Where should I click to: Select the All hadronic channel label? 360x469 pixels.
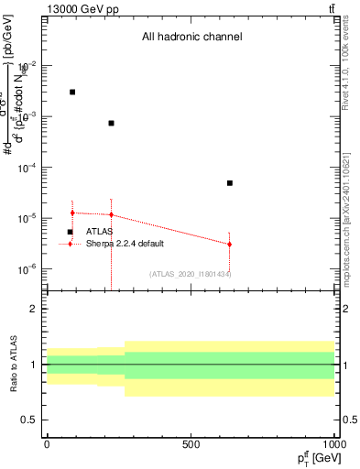tap(191, 38)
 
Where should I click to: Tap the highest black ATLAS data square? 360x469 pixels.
tap(72, 93)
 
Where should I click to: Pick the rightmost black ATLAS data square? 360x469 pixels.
tap(230, 183)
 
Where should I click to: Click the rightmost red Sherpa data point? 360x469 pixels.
tap(230, 244)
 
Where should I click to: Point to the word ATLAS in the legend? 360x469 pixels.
tap(100, 232)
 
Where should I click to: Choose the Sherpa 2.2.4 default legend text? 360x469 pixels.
tap(125, 244)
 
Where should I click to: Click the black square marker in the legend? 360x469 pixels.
tap(70, 232)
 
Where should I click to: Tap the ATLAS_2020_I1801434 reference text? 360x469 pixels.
tap(191, 274)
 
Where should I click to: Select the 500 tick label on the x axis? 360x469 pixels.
tap(191, 444)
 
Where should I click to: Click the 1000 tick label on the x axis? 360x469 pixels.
tap(333, 444)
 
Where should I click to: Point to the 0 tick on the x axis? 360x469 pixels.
tap(47, 444)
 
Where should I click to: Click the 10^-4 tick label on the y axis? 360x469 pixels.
tap(30, 168)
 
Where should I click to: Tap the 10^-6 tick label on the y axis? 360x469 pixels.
tap(30, 269)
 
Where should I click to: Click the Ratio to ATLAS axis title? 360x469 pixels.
tap(14, 365)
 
